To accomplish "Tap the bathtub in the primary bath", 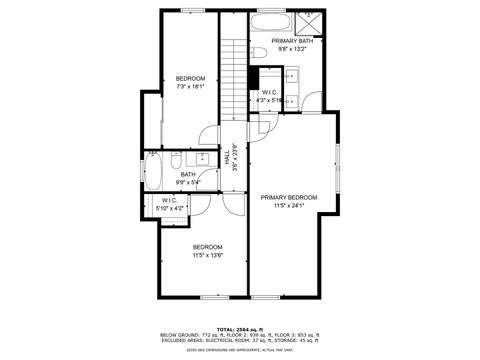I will pyautogui.click(x=269, y=22).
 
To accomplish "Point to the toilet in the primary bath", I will pyautogui.click(x=257, y=52).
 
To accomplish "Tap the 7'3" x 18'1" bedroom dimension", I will pyautogui.click(x=191, y=86).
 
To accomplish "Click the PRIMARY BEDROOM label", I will pyautogui.click(x=289, y=198).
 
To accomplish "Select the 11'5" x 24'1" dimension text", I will pyautogui.click(x=289, y=206).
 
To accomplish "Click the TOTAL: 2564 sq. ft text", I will pyautogui.click(x=239, y=329).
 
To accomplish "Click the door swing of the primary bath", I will pyautogui.click(x=312, y=100).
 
